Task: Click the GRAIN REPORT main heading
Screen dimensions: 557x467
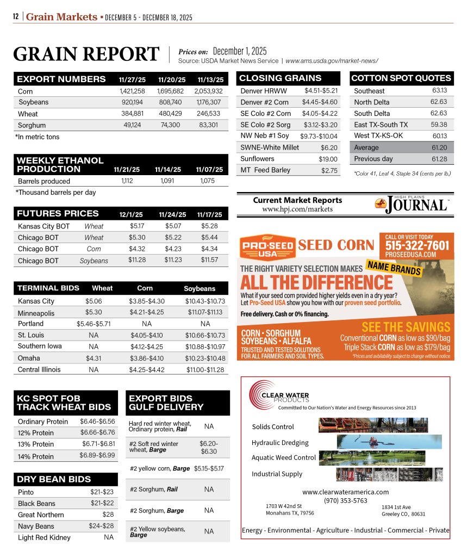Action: click(86, 54)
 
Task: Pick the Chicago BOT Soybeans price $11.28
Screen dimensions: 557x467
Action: click(136, 260)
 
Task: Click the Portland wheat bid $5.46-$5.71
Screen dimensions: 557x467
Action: click(94, 323)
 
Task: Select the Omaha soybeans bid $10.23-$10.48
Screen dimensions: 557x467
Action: click(205, 358)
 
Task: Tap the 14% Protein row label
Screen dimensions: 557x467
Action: click(36, 456)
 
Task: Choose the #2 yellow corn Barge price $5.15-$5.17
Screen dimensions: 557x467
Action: click(209, 468)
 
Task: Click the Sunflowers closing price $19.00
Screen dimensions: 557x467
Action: click(328, 159)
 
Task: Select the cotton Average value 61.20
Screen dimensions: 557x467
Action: click(439, 147)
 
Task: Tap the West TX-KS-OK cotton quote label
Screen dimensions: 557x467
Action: click(378, 135)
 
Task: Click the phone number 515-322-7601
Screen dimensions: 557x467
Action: click(418, 245)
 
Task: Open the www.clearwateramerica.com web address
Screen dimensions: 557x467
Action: click(345, 492)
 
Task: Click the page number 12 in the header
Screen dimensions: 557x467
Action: click(16, 17)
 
